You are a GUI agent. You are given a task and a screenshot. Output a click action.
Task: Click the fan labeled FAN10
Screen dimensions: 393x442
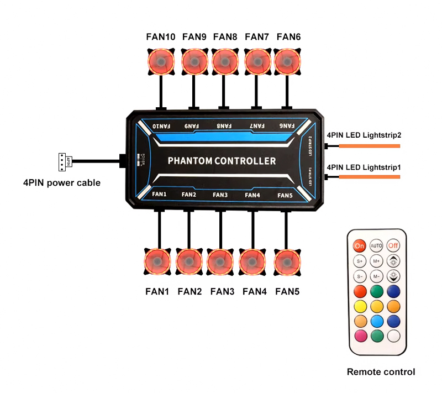(161, 60)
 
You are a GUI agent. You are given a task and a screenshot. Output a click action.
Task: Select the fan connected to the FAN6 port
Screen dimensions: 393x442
(288, 60)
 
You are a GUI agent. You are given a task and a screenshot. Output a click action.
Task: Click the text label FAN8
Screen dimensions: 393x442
(225, 37)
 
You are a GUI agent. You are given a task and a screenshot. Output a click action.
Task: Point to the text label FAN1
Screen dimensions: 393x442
(157, 291)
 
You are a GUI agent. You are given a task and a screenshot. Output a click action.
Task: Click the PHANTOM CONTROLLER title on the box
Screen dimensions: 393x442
(221, 161)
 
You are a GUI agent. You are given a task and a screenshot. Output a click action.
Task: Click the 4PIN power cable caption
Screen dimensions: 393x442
(61, 182)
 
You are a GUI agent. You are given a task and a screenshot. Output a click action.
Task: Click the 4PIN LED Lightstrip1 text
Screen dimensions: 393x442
(363, 166)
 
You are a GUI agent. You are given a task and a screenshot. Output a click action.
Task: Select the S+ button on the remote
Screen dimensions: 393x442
(360, 260)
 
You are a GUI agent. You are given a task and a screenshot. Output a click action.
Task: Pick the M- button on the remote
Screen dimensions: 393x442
(376, 275)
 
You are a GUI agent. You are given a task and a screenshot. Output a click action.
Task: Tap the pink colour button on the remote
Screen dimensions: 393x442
(360, 335)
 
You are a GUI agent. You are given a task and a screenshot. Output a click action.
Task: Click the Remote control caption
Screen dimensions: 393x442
(380, 372)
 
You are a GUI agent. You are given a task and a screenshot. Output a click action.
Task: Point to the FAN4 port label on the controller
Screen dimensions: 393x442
(252, 195)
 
